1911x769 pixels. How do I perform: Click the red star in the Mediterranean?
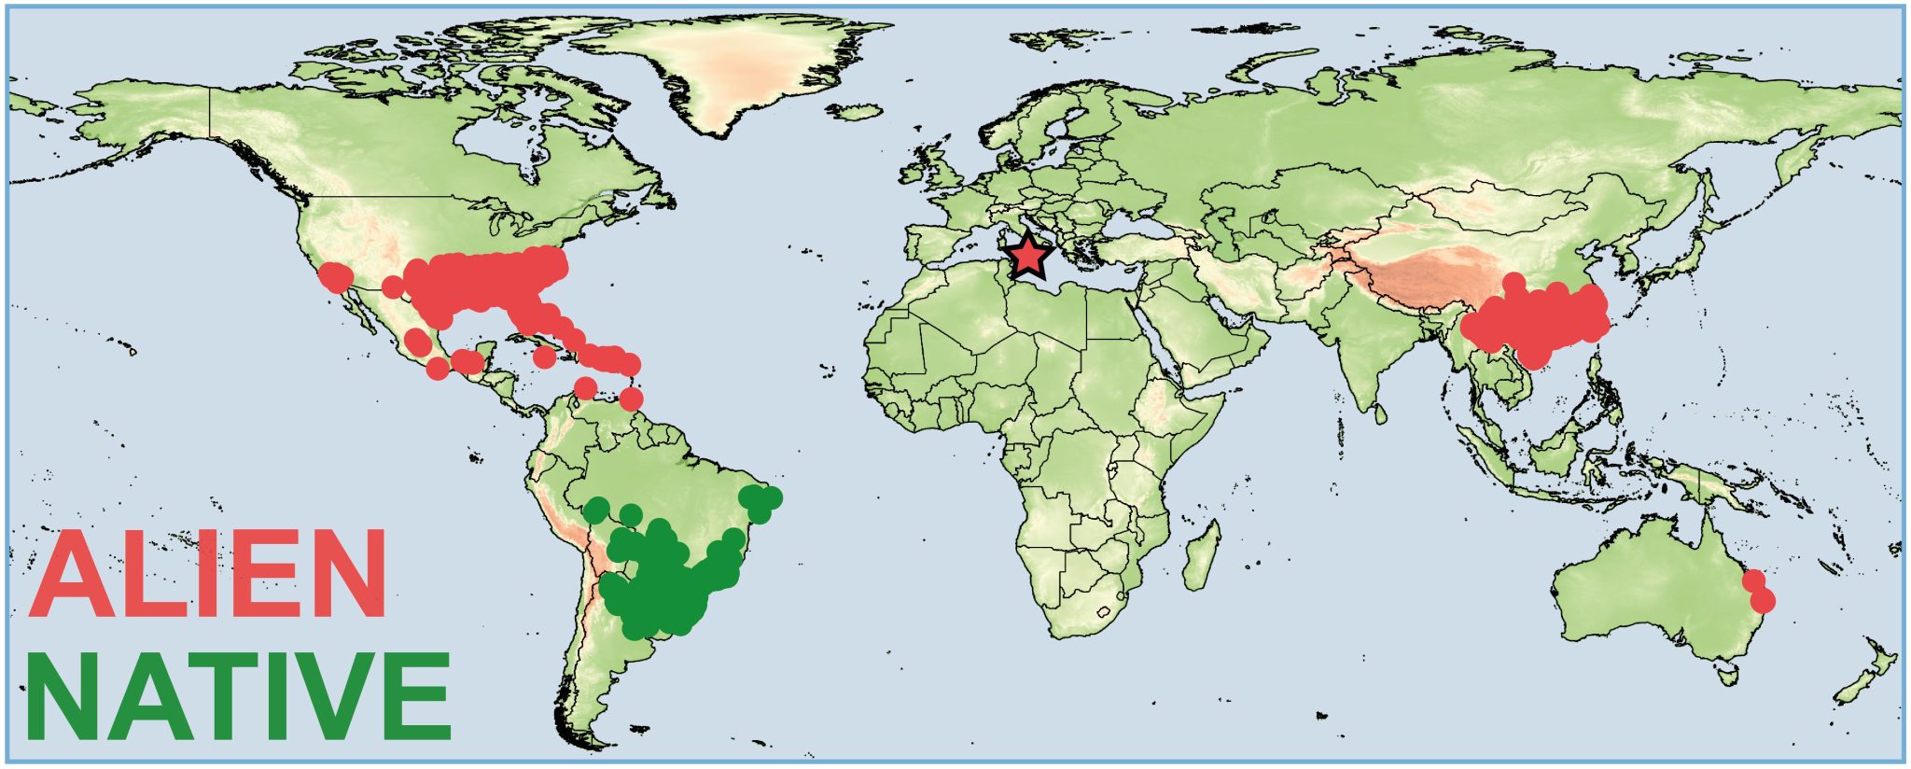(x=1028, y=257)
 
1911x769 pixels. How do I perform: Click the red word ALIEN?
(x=208, y=574)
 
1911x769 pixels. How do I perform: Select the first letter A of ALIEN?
(x=72, y=574)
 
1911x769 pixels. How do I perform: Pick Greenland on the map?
(x=737, y=70)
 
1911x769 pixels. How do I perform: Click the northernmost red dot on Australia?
(x=1753, y=580)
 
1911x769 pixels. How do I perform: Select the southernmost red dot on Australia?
(x=1763, y=602)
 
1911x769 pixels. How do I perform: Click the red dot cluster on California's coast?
(x=333, y=276)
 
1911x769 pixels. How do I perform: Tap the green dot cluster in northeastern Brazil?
(x=761, y=502)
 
